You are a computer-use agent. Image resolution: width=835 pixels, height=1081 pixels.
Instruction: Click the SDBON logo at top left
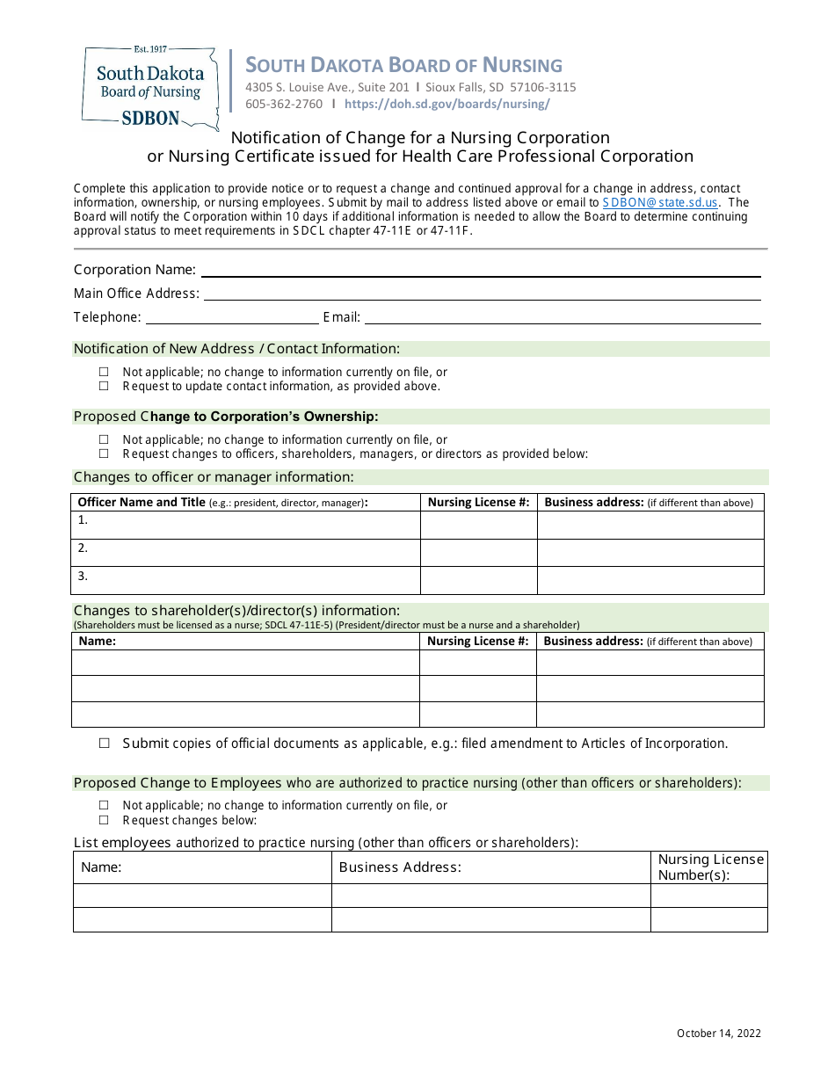tap(149, 86)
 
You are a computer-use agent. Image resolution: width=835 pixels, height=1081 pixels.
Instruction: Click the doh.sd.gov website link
tap(447, 104)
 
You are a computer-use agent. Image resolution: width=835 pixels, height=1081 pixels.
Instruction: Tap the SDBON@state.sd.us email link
tap(660, 202)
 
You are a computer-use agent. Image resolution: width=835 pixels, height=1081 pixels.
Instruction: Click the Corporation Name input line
tap(480, 271)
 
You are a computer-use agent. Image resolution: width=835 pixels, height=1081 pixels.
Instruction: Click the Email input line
tap(563, 318)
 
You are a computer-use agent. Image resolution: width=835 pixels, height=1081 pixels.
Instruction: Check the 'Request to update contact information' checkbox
tap(104, 386)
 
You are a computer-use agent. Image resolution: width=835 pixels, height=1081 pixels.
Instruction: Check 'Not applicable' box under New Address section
tap(104, 372)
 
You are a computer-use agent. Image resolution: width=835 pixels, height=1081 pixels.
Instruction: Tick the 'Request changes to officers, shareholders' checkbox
tap(104, 453)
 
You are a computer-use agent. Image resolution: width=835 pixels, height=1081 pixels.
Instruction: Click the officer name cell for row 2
tap(246, 552)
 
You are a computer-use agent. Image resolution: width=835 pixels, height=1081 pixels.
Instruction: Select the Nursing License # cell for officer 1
tap(478, 525)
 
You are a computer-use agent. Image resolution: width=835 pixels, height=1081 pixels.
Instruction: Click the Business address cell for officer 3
tap(650, 580)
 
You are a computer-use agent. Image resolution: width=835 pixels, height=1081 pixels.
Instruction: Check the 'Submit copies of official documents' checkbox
tap(104, 744)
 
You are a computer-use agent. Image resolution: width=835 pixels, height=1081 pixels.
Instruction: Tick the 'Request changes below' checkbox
tap(104, 820)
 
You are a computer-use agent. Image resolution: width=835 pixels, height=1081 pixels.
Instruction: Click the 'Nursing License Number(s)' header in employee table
tap(710, 867)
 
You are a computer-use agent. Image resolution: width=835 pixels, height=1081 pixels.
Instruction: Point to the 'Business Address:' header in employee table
tap(400, 868)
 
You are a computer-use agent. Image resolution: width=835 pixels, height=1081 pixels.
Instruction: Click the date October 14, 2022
tap(719, 1034)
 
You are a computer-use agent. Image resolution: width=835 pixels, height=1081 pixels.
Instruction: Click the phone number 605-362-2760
tap(284, 104)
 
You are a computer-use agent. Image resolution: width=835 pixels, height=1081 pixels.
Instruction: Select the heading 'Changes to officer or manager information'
tap(214, 477)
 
